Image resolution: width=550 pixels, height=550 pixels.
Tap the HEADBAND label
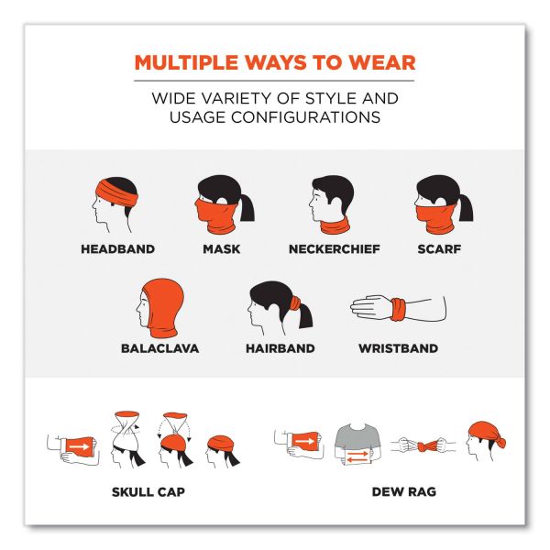point(118,249)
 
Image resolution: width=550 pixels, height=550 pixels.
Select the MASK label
point(222,249)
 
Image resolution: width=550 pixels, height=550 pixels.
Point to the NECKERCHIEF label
point(335,249)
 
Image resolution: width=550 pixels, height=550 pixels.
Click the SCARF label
point(439,249)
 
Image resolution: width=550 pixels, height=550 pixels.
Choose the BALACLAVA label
point(159,348)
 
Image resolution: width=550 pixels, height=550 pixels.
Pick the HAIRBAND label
point(280,348)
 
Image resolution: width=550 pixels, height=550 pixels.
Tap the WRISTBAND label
point(398,348)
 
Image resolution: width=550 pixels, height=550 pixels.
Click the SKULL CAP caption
point(148,491)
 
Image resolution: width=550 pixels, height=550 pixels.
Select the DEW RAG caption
point(404,491)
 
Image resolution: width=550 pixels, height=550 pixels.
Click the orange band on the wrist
point(398,310)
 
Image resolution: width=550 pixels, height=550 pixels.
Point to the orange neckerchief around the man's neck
point(335,225)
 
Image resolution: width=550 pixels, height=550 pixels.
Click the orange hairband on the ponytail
point(295,302)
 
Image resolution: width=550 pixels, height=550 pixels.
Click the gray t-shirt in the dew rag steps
point(357,437)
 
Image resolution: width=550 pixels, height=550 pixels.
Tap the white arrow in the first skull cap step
point(79,446)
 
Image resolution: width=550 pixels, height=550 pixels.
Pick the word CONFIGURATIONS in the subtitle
point(305,117)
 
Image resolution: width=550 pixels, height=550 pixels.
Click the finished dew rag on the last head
point(486,434)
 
